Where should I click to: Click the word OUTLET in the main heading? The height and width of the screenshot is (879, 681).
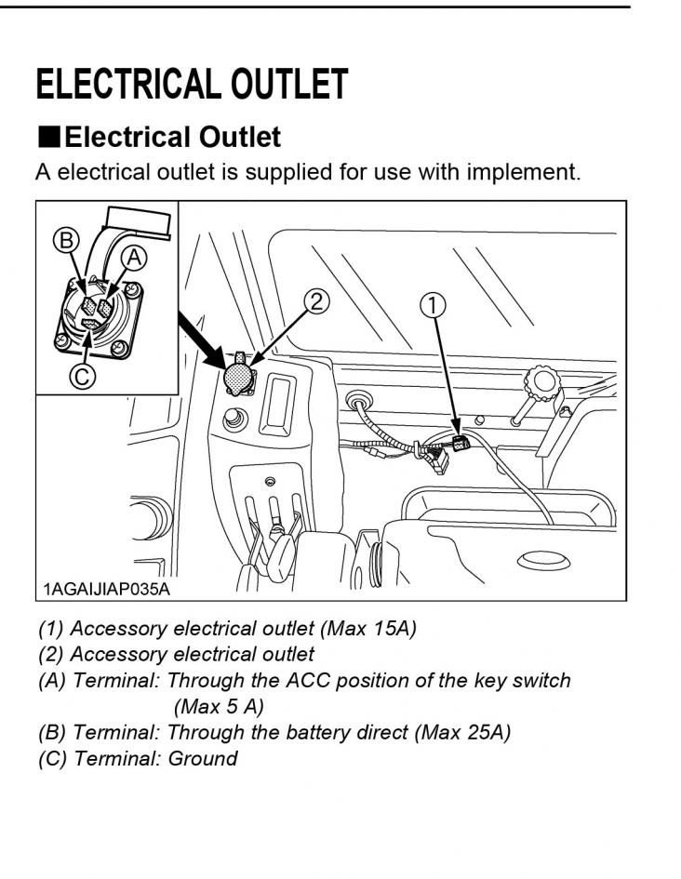coord(290,85)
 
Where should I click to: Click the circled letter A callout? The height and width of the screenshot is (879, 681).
coord(133,256)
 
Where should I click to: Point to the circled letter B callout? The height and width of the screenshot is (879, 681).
coord(65,240)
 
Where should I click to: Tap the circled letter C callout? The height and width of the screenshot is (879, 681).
coord(83,376)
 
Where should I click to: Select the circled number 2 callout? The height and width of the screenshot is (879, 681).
coord(317,300)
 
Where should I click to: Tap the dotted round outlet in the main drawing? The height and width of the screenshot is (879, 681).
coord(239,378)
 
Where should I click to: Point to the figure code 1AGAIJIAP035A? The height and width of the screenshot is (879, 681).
coord(107,589)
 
